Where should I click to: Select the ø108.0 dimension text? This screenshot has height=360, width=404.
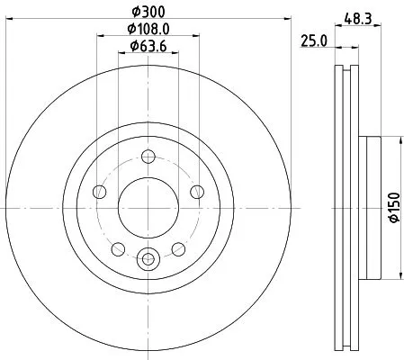coord(149,30)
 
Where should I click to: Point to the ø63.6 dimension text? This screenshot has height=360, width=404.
coord(149,47)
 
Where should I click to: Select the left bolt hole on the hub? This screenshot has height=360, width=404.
coord(100,193)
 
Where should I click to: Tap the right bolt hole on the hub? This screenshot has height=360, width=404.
coord(198,189)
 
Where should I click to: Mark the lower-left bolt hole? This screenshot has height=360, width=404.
coord(118,249)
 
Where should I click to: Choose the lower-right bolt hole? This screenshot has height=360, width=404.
coord(179,248)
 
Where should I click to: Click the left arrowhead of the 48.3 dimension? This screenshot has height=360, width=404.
coord(337,25)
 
